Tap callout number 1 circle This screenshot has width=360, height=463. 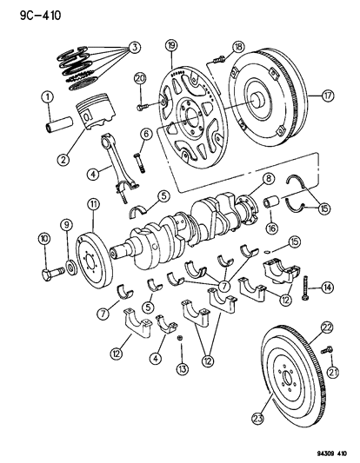click(50, 96)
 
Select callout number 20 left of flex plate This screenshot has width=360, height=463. click(140, 79)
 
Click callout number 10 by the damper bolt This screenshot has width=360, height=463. click(43, 238)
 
